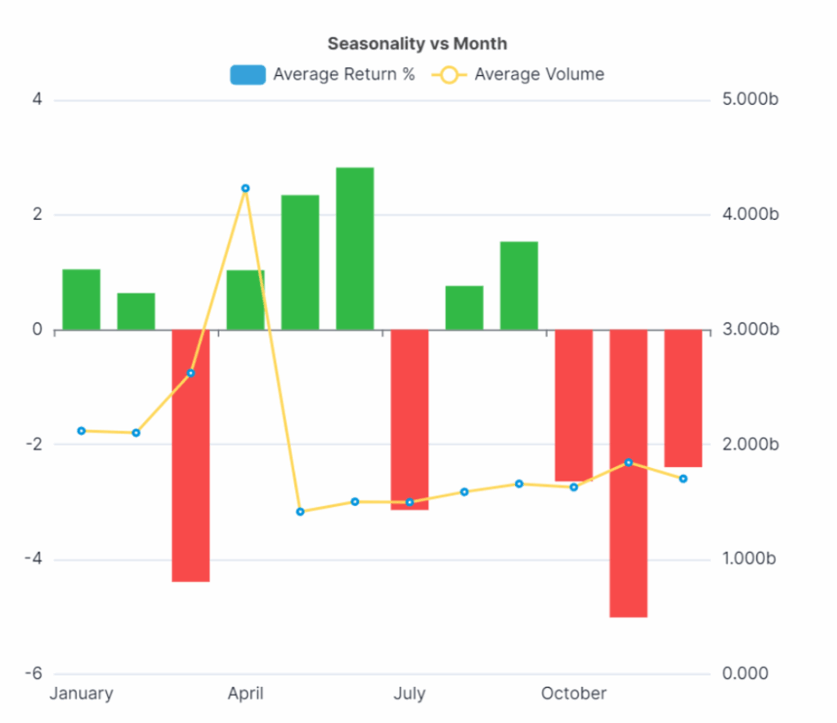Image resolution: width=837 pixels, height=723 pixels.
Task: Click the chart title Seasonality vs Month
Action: (x=417, y=43)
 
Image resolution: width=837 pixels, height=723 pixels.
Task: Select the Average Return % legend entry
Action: (x=323, y=74)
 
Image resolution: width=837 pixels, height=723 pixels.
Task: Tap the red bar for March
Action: (x=190, y=455)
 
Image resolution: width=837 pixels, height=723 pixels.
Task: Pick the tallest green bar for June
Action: (x=355, y=249)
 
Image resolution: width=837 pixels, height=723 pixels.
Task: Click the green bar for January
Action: (x=81, y=299)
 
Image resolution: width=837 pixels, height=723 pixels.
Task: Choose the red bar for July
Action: (x=410, y=419)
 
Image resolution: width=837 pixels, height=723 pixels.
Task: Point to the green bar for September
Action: (x=519, y=285)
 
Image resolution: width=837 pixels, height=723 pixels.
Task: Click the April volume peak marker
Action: (x=245, y=189)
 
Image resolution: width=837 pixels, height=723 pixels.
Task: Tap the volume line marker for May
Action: (x=300, y=512)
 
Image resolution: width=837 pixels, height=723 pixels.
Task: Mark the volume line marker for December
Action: (x=683, y=478)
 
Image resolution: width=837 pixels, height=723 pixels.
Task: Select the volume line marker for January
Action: (x=81, y=431)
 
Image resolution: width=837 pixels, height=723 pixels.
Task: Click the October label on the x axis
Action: (x=574, y=694)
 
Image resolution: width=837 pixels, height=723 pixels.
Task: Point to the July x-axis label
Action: (x=410, y=694)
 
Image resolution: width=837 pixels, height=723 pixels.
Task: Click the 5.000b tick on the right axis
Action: (x=750, y=101)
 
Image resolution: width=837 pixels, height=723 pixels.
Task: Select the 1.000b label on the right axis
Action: (x=750, y=559)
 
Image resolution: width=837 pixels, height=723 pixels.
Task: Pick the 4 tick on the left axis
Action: (x=37, y=101)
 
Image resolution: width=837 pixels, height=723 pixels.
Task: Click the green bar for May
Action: (x=300, y=263)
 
